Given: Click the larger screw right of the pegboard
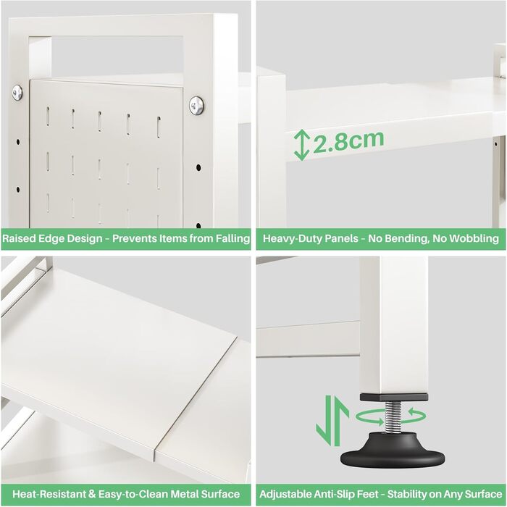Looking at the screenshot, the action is coord(196,106).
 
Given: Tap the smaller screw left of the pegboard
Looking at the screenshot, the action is coord(17,93).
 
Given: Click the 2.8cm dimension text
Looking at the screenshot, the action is coord(348,141).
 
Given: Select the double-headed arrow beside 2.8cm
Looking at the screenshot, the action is coord(302,145).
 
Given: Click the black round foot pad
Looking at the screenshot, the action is coord(393,450).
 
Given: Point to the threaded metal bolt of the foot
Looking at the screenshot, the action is coord(393,416).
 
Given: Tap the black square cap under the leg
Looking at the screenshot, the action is coord(394,397).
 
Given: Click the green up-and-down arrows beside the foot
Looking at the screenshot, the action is coord(332,420).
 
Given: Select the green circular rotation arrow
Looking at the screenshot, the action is coord(390,416).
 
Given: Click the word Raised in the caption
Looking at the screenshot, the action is coord(19,238).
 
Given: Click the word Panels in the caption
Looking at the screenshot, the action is coord(341,238).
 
